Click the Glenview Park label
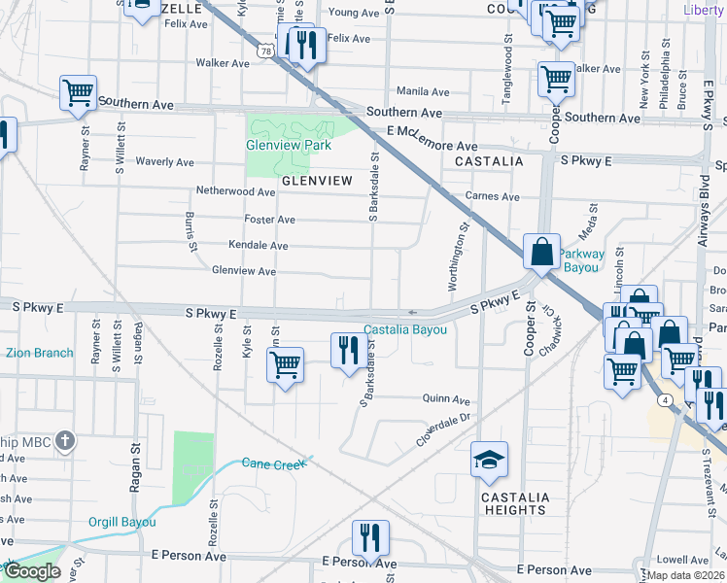[x=289, y=146]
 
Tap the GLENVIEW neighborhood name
[x=316, y=181]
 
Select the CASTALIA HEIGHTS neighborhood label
[x=514, y=503]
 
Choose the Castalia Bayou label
[x=405, y=330]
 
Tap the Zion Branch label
[x=40, y=353]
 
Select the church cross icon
[x=65, y=442]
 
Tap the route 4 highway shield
[x=664, y=399]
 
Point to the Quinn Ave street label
[x=445, y=399]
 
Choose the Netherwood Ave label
[x=237, y=192]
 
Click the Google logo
[x=32, y=571]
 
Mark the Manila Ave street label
[x=422, y=91]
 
